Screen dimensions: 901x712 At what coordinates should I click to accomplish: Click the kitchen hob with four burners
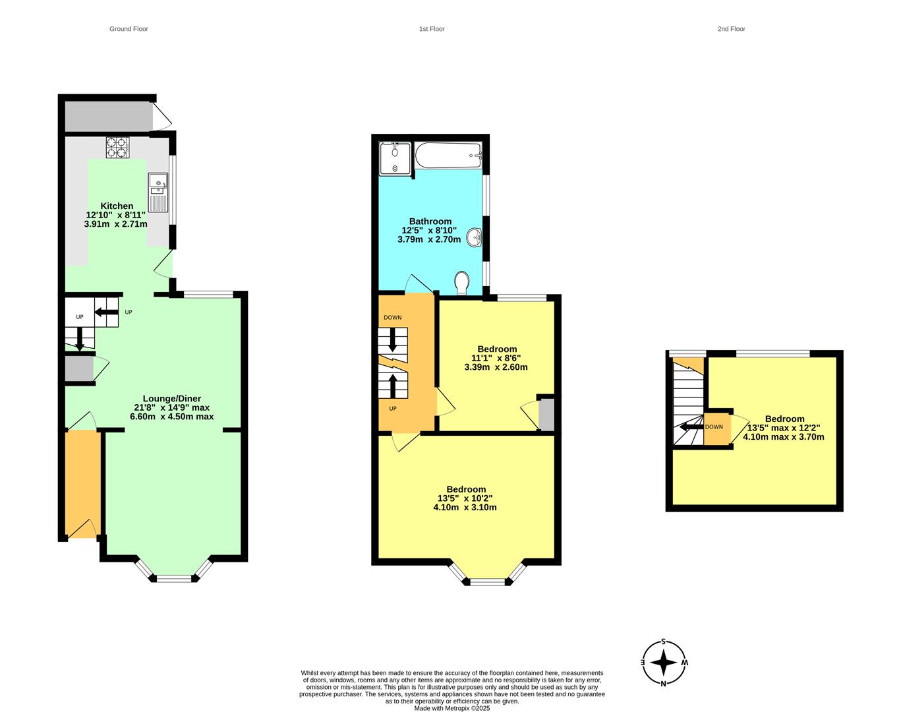point(117,148)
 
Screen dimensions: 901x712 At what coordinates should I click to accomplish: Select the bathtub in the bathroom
point(448,156)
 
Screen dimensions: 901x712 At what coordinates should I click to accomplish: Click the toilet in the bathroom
point(462,283)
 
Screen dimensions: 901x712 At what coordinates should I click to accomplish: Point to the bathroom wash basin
point(475,237)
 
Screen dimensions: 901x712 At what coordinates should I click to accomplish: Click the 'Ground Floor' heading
point(129,29)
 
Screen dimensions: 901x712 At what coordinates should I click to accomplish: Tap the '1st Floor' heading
point(432,29)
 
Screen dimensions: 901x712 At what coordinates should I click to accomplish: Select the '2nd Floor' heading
point(732,29)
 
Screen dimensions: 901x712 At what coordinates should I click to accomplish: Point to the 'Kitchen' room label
point(117,206)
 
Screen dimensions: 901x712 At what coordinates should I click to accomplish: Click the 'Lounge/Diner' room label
point(172,399)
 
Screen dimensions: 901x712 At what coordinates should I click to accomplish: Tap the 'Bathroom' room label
point(430,221)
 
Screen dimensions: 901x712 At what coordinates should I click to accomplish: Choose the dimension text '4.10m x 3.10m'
point(465,507)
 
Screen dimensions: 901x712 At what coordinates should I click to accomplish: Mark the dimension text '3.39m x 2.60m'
point(496,367)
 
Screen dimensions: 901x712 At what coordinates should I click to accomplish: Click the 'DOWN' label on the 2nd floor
point(714,427)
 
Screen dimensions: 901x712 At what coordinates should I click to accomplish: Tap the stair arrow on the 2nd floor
point(691,427)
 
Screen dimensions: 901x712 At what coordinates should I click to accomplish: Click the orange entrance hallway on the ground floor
point(83,484)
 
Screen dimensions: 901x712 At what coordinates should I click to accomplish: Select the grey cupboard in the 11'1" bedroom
point(547,414)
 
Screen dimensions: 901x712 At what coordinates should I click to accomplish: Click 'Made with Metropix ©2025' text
point(451,708)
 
